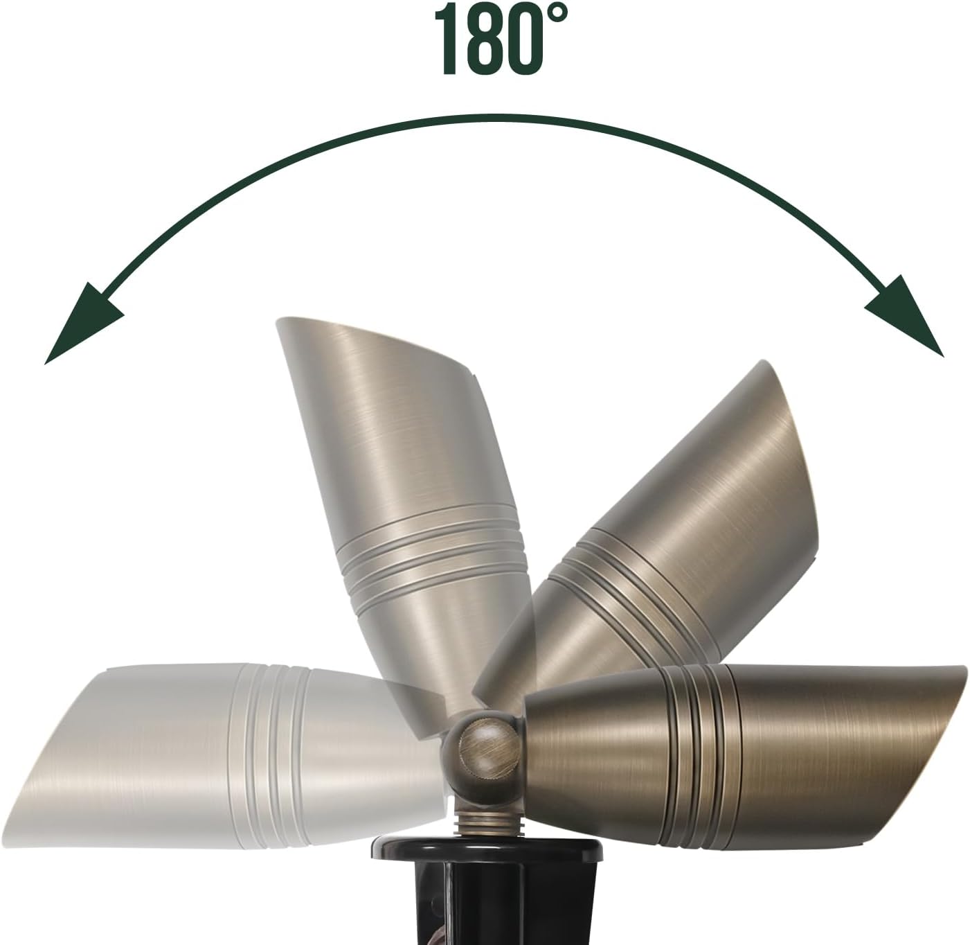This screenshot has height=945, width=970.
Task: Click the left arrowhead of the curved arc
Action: [x=82, y=325]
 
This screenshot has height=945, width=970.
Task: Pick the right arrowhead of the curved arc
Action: [x=905, y=319]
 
